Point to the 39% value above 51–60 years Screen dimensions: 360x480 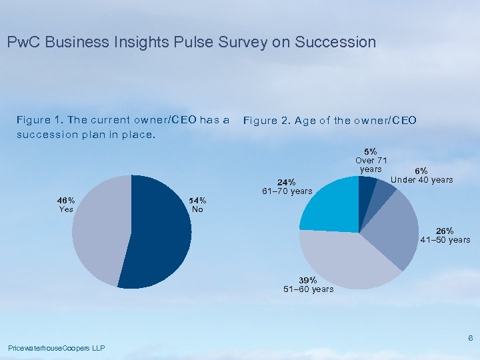308,280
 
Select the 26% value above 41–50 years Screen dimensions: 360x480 445,231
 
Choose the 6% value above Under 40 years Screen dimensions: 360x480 421,171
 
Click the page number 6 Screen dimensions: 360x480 470,339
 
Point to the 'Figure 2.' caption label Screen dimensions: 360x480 267,121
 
